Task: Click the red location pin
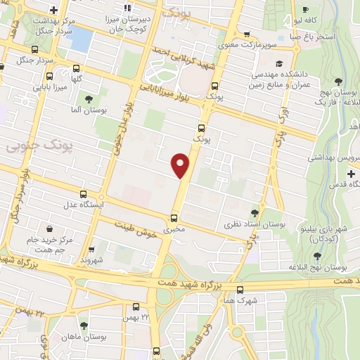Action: pos(181,165)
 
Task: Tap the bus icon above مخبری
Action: pos(174,218)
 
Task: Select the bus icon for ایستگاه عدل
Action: pos(84,194)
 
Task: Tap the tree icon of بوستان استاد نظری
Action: pos(255,212)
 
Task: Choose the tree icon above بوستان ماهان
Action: pos(84,325)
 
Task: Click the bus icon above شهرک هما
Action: pos(240,289)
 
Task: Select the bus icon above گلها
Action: pos(75,68)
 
